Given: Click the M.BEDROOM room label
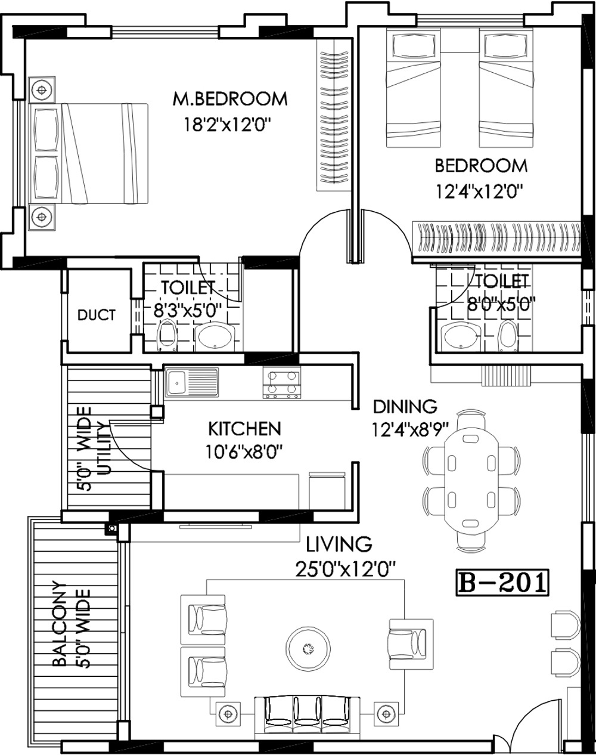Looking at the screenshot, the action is click(230, 98).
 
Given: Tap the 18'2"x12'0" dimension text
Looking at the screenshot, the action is click(228, 124).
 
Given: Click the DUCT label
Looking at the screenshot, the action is click(97, 315).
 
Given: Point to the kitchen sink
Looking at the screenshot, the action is click(191, 382).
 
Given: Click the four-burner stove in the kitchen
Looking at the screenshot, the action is click(282, 385).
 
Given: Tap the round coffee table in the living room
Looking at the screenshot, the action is click(308, 648).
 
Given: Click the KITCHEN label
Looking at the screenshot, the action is click(244, 428).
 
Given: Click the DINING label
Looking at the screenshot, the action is click(405, 407).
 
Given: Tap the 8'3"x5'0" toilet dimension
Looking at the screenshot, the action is click(188, 311).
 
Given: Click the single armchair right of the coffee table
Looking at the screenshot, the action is click(411, 645).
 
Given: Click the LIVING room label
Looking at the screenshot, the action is click(339, 544).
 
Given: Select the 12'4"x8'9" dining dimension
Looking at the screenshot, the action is click(411, 430).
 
